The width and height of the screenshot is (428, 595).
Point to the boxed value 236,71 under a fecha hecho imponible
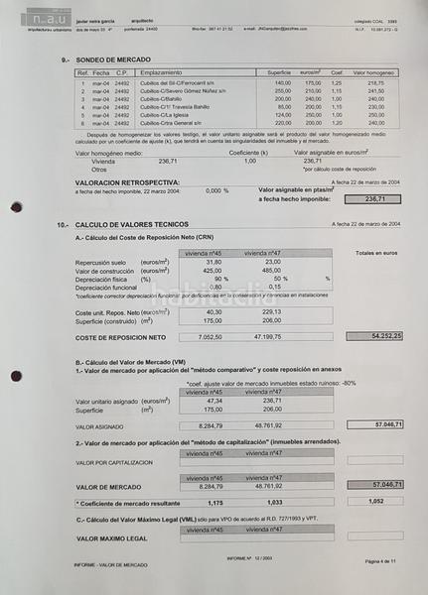pyautogui.click(x=375, y=199)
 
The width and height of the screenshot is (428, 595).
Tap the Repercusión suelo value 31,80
pyautogui.click(x=213, y=262)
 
